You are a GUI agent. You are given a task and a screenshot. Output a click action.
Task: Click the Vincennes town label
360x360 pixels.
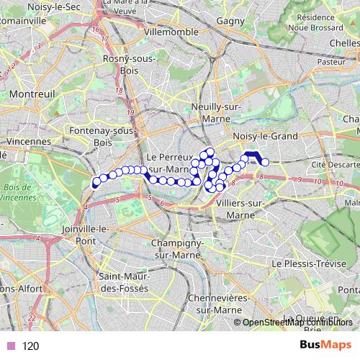(25, 143)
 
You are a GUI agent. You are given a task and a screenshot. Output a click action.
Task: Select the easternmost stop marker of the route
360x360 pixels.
(264, 163)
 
